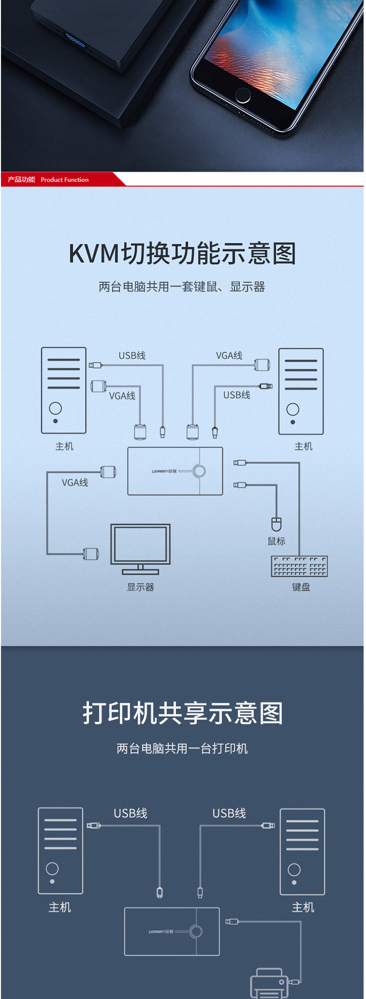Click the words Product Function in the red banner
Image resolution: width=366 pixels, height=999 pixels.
(x=64, y=179)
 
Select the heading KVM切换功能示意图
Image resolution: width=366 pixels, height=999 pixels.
(x=183, y=254)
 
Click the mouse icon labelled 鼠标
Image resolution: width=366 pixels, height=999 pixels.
(x=277, y=524)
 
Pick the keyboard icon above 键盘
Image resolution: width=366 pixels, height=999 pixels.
(x=299, y=566)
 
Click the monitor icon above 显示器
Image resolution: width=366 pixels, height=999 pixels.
(x=141, y=548)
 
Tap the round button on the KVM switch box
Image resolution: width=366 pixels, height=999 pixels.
(x=199, y=471)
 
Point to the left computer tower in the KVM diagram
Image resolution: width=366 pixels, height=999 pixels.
(x=64, y=390)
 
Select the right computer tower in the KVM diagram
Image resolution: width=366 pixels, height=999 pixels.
(x=301, y=391)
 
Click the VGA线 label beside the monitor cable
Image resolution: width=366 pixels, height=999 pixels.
(x=75, y=483)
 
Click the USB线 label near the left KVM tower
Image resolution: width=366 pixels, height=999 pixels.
(x=132, y=355)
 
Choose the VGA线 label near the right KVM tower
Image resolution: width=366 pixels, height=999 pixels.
(x=229, y=355)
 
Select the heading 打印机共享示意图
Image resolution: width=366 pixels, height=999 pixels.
(x=183, y=713)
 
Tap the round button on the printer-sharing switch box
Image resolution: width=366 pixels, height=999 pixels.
(x=196, y=932)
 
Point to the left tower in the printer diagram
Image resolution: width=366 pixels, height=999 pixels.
(x=61, y=851)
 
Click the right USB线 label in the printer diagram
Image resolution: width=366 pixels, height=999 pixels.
(x=229, y=813)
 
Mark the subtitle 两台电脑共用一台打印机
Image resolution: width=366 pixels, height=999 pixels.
(x=183, y=748)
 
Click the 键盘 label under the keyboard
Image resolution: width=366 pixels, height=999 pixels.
(x=301, y=587)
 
